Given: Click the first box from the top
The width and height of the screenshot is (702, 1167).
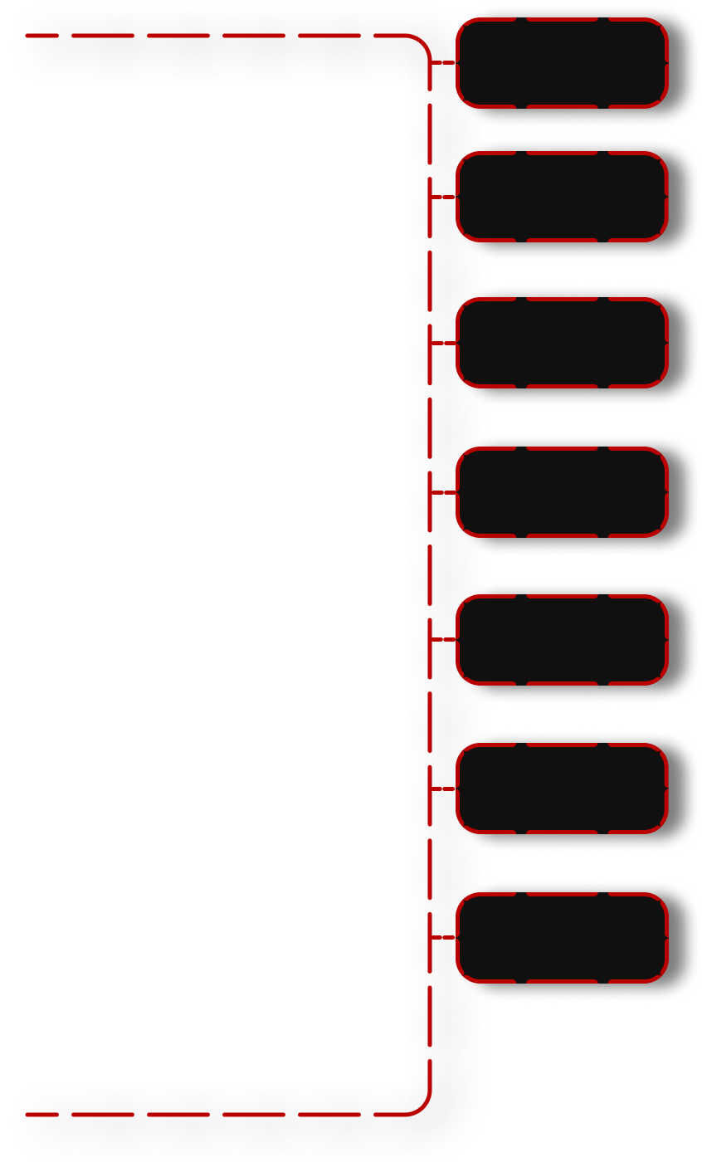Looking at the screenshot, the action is (562, 63).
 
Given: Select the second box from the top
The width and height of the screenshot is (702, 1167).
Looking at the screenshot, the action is (562, 197).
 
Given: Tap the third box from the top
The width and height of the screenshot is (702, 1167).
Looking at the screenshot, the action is (562, 343).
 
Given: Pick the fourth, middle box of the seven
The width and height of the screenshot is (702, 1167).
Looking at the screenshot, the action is (562, 492).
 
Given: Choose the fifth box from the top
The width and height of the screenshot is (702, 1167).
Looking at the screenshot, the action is (562, 640).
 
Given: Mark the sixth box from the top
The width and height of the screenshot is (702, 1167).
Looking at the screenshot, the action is (562, 789).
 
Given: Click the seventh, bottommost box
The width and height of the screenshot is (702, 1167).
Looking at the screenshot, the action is (562, 938).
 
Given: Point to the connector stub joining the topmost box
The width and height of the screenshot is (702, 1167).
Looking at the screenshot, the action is (443, 63).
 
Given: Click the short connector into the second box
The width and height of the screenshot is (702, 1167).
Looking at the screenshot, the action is (443, 197).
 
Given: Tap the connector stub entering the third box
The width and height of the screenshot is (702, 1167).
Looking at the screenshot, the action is (443, 343).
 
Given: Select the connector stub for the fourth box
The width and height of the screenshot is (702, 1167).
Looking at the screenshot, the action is (443, 492).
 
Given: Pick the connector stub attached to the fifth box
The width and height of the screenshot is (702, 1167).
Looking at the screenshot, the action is (443, 640).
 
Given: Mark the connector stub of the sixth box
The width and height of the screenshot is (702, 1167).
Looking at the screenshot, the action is (443, 789).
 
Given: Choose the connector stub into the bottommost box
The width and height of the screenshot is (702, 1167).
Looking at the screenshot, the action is (443, 938).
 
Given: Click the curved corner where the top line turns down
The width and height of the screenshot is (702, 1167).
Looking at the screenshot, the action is (423, 43).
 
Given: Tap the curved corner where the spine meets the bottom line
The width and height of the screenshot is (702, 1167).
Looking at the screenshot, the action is (423, 1106).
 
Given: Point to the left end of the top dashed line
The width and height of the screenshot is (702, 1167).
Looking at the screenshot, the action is (28, 36).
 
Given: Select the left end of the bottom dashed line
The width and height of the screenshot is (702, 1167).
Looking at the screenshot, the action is (28, 1114).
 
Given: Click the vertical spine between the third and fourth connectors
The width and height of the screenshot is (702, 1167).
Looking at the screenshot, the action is (430, 417).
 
